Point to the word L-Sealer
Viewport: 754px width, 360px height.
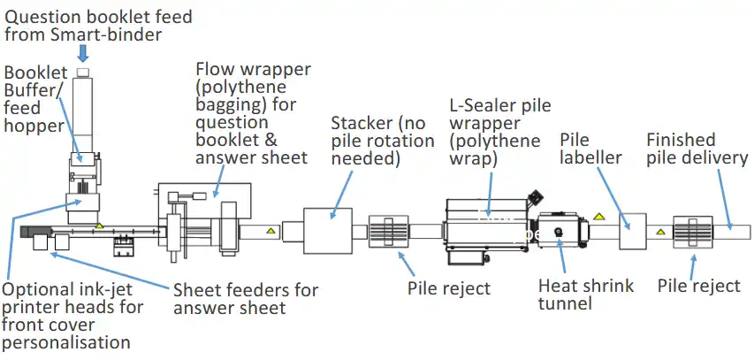pos(478,106)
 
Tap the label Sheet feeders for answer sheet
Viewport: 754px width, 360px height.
pos(245,298)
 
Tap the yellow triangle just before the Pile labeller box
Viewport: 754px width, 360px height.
pos(599,215)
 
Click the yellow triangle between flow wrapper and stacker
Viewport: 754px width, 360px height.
pos(271,233)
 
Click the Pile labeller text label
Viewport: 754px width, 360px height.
pos(591,149)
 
